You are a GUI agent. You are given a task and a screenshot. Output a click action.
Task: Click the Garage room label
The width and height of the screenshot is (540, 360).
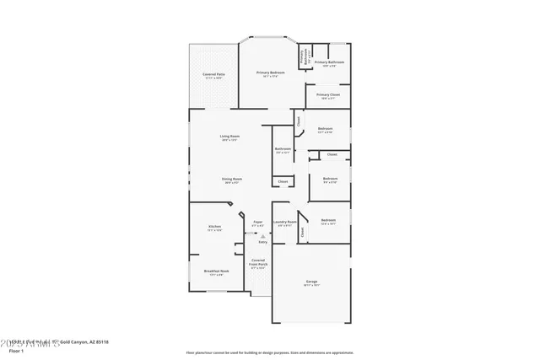[x=312, y=282]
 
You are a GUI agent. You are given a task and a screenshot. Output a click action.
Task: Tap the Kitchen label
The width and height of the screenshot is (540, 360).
[x=215, y=227]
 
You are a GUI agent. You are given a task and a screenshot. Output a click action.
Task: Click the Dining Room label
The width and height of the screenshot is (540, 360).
[x=232, y=179]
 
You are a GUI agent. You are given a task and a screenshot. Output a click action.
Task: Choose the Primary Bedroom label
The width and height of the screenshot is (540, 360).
[x=271, y=73]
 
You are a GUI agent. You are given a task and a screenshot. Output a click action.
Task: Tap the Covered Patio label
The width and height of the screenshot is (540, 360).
[x=213, y=75]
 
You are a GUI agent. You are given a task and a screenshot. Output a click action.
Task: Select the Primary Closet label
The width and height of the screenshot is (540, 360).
[x=328, y=95]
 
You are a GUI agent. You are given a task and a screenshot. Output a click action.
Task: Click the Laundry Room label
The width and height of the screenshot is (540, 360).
[x=283, y=223]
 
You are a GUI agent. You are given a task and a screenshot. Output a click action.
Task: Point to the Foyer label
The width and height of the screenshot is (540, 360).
[x=258, y=223]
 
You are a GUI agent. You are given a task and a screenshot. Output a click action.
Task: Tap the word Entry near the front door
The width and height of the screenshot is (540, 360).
[x=262, y=241]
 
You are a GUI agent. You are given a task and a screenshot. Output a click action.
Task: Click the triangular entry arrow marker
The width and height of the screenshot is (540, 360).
[x=262, y=236]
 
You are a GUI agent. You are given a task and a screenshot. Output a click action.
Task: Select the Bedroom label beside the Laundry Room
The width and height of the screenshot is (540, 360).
[x=328, y=221]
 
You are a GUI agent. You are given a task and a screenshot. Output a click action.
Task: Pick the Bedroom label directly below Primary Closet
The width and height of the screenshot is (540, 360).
[x=325, y=129]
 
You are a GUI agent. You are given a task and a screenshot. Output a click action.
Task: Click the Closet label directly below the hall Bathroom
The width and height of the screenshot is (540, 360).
[x=283, y=181]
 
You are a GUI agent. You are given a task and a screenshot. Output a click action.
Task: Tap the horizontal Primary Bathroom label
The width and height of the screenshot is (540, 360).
[x=330, y=62]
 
